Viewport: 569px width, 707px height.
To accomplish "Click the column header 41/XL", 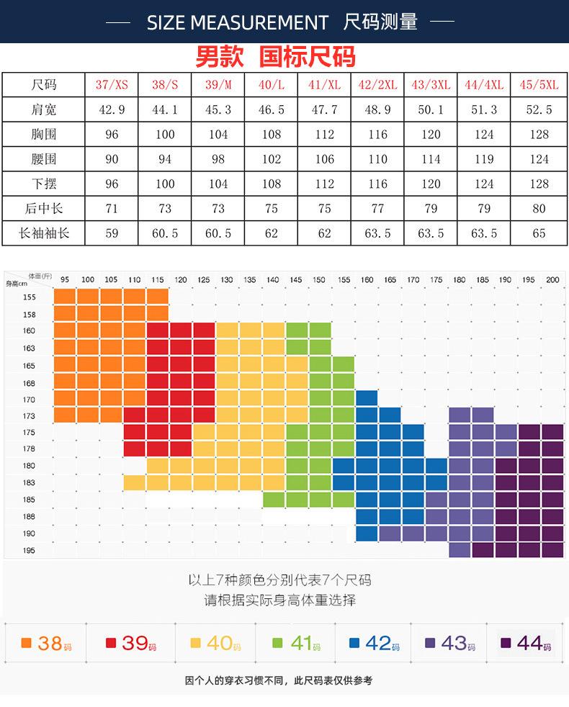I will click(x=325, y=85).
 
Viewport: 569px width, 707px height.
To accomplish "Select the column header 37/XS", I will click(x=112, y=85).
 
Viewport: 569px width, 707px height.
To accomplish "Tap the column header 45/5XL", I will click(x=539, y=85).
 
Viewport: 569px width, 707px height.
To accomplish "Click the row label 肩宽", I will click(x=44, y=110).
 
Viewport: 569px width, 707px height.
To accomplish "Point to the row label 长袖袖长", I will click(x=44, y=233).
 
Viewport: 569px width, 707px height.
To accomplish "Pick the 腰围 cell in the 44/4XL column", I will click(x=484, y=159).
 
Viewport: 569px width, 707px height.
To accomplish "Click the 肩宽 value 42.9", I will click(x=112, y=110).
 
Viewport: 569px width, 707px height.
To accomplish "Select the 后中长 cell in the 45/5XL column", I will click(x=539, y=209).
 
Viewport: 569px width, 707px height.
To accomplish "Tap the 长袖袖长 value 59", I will click(x=112, y=233).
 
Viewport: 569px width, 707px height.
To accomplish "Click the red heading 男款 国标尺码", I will click(x=275, y=57).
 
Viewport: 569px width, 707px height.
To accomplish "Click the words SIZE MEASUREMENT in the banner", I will click(x=237, y=23).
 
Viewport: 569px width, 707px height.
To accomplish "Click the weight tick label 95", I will click(x=65, y=280).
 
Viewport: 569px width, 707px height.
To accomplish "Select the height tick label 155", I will click(x=28, y=297).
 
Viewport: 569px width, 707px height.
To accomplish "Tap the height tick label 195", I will click(x=28, y=551).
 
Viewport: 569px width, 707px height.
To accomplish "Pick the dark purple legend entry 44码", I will click(x=526, y=643).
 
